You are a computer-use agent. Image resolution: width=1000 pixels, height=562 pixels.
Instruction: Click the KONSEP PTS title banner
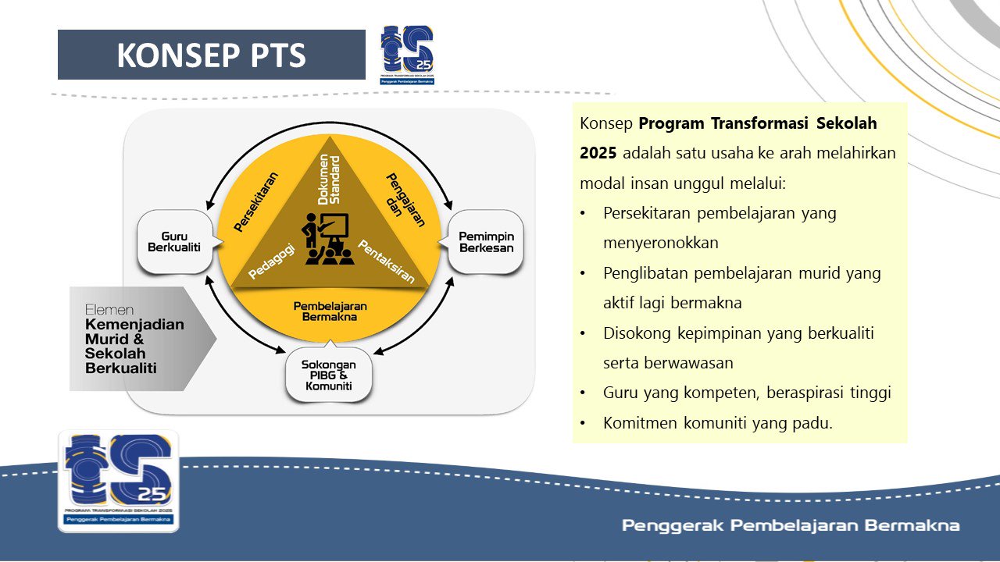click(x=211, y=55)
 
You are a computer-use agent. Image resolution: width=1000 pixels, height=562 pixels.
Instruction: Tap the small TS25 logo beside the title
click(x=407, y=55)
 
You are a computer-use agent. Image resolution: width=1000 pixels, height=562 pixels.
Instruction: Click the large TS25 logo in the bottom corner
click(x=118, y=481)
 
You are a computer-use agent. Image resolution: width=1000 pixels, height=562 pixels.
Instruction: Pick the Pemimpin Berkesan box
click(x=486, y=242)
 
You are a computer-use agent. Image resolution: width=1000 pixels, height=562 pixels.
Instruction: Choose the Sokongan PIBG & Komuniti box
click(x=328, y=375)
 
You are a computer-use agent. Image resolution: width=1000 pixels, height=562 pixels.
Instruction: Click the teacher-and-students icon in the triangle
click(x=327, y=239)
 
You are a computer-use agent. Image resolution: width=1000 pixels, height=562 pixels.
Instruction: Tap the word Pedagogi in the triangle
click(x=273, y=260)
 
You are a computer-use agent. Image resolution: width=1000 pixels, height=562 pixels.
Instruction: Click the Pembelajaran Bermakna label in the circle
click(x=330, y=311)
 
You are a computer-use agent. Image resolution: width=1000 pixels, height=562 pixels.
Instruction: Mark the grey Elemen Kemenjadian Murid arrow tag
click(x=137, y=339)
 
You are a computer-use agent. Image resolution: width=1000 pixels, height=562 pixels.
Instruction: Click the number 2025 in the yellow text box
click(x=598, y=153)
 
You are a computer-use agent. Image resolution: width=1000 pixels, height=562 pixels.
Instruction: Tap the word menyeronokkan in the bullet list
click(x=660, y=243)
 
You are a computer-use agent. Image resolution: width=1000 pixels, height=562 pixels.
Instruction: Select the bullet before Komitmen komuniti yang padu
click(x=584, y=424)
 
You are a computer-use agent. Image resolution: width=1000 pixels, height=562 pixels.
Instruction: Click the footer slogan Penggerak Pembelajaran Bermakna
click(x=790, y=525)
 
